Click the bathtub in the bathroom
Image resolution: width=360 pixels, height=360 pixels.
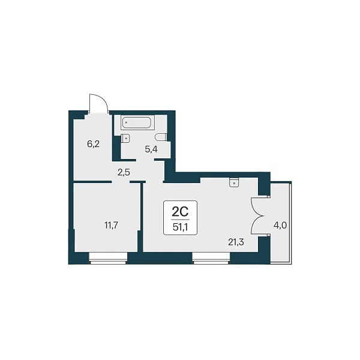[137, 122]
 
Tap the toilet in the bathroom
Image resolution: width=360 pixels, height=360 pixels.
[160, 137]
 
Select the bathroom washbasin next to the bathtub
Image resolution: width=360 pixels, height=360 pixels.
[125, 139]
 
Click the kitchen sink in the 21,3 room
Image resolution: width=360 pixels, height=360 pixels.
[234, 183]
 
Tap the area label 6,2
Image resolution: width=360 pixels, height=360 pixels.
[94, 144]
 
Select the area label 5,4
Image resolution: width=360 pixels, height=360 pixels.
[151, 149]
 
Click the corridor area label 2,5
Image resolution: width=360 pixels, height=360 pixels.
[124, 172]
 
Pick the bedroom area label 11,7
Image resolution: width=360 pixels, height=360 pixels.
[112, 226]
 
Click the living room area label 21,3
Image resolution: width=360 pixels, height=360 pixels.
[236, 242]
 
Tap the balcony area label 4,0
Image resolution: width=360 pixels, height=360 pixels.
[280, 226]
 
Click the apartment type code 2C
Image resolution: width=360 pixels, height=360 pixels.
[180, 212]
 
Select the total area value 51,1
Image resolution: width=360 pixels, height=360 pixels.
[180, 227]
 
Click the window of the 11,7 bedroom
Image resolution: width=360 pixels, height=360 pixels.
[108, 258]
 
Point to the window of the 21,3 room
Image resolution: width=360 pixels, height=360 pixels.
[211, 258]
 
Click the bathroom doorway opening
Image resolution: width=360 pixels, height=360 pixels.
[145, 160]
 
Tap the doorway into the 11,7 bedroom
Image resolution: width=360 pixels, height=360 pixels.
[121, 182]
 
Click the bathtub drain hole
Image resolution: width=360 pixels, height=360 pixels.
[126, 122]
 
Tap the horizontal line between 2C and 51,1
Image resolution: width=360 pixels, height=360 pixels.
[180, 220]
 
